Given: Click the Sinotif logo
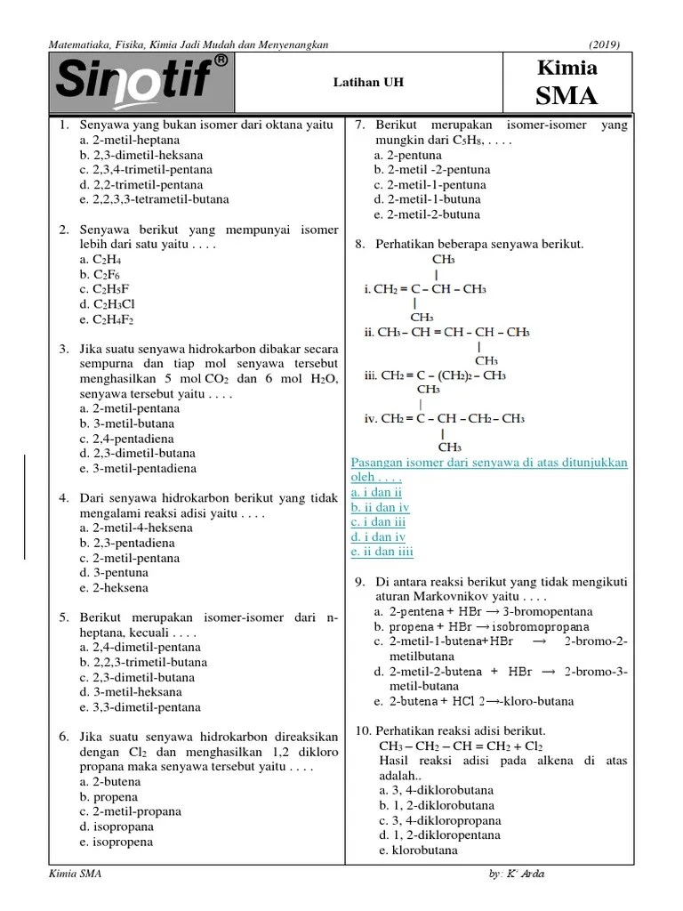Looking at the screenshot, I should [x=142, y=83].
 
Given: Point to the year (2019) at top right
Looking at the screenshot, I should [x=604, y=44].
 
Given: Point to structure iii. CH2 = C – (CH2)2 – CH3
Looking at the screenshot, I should [x=435, y=375].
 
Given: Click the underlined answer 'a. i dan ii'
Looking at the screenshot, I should [x=377, y=492].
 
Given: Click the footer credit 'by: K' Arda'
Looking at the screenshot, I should [x=517, y=874].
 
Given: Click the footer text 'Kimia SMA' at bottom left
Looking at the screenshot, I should [x=77, y=874].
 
